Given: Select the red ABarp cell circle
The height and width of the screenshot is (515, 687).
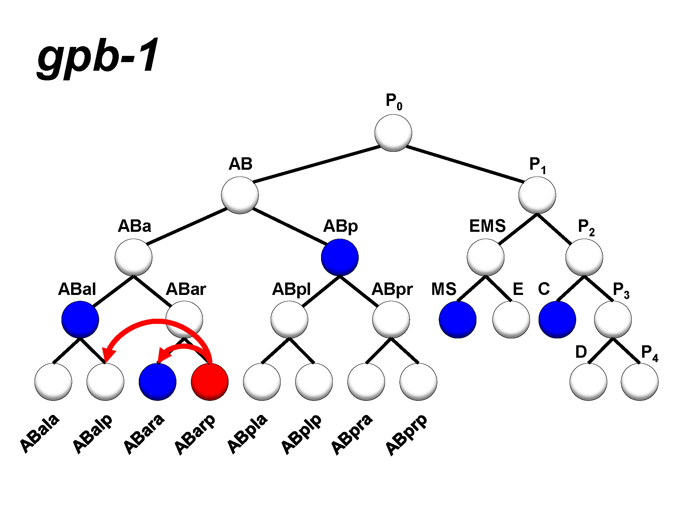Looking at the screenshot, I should [x=210, y=382].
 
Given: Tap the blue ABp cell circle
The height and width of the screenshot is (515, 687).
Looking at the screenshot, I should [x=340, y=257].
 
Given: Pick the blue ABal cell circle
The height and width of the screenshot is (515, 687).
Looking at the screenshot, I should [x=80, y=319].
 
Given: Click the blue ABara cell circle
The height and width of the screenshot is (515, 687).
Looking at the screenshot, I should [x=157, y=382].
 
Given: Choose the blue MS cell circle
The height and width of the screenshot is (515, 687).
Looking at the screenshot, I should [x=457, y=319].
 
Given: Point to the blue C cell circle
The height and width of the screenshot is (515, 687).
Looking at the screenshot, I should [x=557, y=319].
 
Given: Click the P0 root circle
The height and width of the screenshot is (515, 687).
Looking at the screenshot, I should [x=393, y=133].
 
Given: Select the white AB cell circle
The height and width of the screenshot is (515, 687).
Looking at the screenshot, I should [x=240, y=195].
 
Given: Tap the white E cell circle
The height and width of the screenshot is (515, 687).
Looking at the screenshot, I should [x=511, y=319].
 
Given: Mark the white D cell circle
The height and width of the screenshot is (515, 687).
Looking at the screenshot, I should [x=588, y=382].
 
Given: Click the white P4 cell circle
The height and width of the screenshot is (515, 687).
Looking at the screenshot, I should [x=639, y=382].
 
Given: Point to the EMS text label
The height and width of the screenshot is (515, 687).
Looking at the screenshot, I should [x=487, y=226].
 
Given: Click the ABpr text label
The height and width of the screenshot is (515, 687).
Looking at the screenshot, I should [x=392, y=289].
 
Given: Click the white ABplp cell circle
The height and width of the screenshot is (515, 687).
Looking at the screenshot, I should [x=314, y=382].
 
